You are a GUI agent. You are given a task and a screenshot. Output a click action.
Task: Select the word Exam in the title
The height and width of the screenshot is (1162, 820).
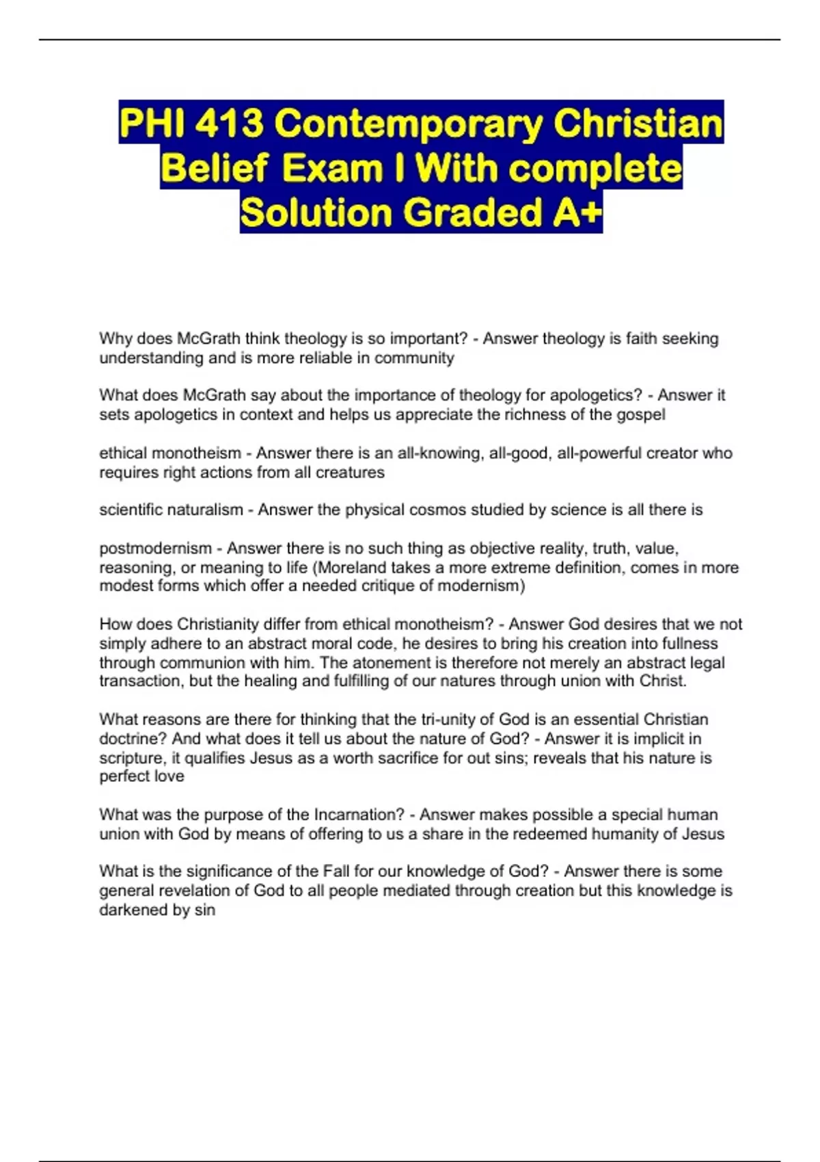(x=331, y=168)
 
